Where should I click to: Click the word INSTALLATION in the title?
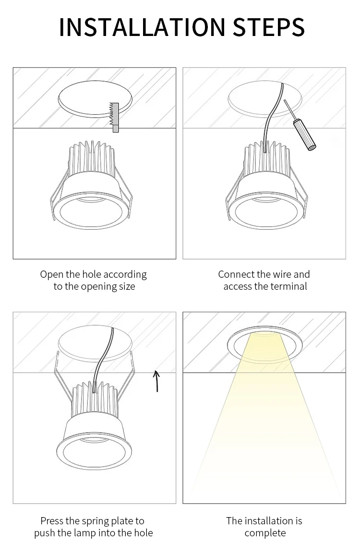click(x=142, y=27)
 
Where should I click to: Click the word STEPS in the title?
click(x=268, y=27)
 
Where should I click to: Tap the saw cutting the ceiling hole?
click(x=115, y=117)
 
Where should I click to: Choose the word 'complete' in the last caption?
click(x=265, y=533)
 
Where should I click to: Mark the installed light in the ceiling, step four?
click(x=265, y=341)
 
